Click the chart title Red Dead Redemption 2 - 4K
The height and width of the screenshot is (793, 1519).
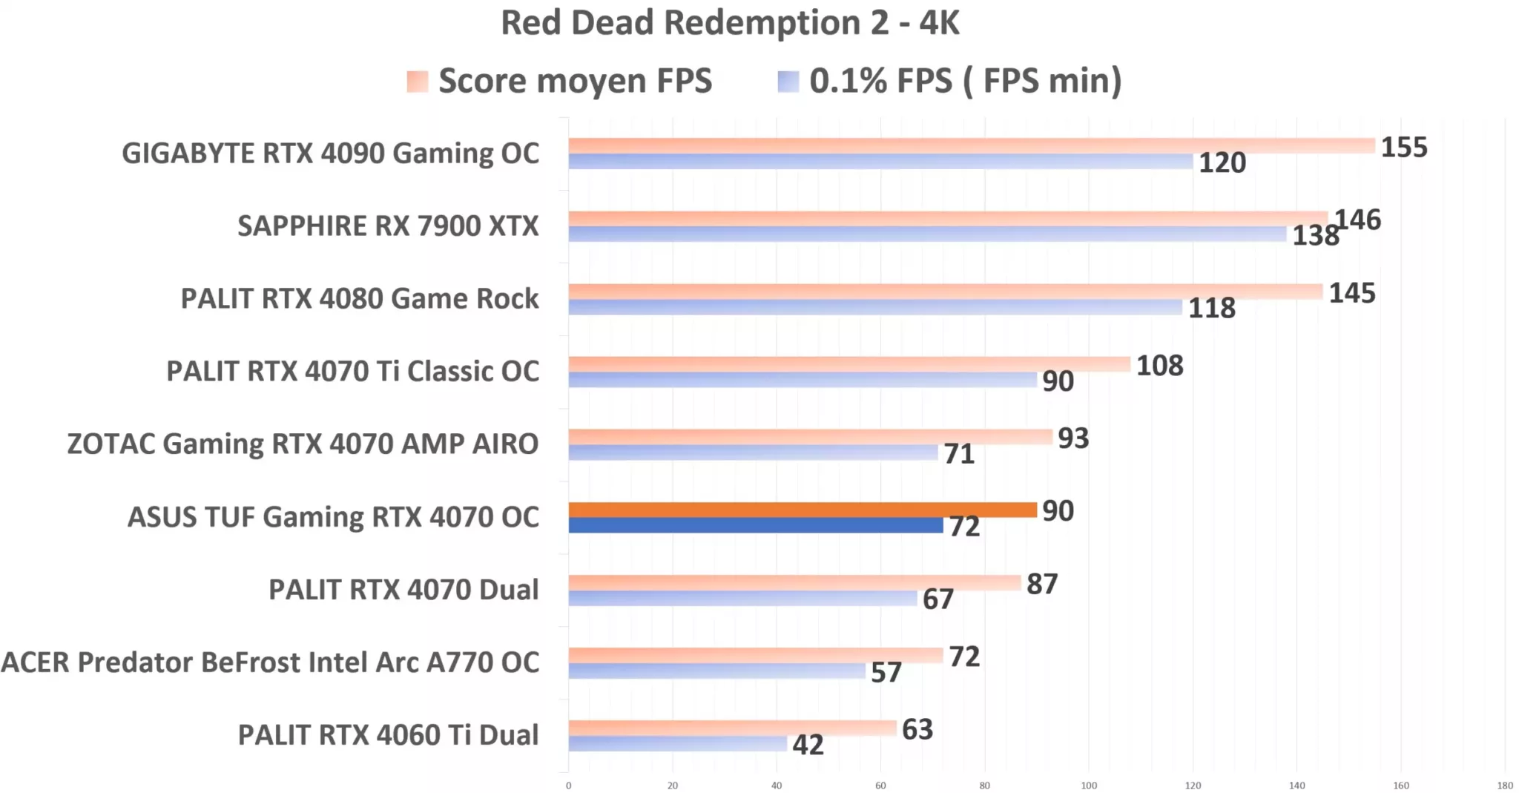click(730, 22)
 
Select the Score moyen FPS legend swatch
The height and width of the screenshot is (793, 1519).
click(417, 82)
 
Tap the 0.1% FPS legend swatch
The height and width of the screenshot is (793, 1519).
click(788, 82)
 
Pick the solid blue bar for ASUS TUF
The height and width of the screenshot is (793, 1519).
click(755, 525)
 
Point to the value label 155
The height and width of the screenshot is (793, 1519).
click(1403, 147)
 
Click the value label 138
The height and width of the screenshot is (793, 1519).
click(1315, 236)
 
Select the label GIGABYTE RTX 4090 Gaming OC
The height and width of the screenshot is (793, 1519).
click(330, 154)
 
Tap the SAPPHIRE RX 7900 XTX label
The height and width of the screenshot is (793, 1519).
click(388, 226)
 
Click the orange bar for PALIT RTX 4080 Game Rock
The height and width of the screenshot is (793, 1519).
click(945, 292)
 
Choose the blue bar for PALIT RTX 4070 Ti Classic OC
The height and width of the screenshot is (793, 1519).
click(802, 380)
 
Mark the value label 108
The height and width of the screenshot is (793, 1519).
click(1159, 366)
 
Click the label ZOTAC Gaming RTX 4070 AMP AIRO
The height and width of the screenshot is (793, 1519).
click(303, 444)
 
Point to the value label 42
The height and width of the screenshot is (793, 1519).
click(808, 745)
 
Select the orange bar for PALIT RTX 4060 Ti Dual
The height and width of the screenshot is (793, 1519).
click(732, 728)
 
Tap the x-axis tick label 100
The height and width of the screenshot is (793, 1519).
click(1088, 786)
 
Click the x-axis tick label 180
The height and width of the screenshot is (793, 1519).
click(1504, 786)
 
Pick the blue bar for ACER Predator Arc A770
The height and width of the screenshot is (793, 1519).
click(716, 671)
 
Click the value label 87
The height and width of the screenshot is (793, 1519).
click(1041, 585)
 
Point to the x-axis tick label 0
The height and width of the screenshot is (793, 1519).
click(569, 786)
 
